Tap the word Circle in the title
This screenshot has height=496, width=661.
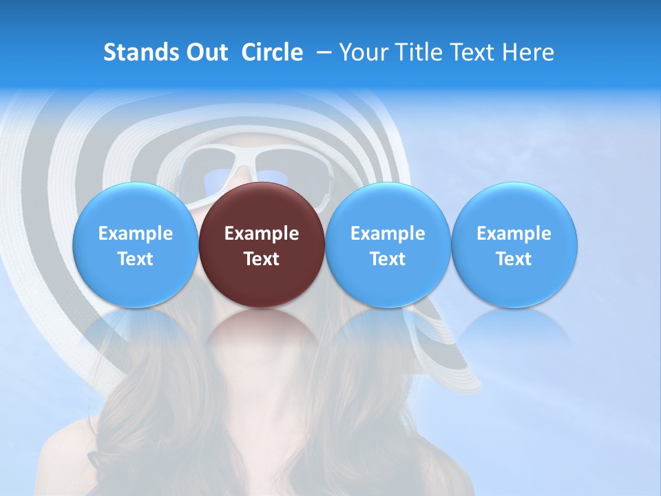tap(272, 52)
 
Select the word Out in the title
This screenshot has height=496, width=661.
tap(205, 52)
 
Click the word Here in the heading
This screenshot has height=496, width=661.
tap(527, 52)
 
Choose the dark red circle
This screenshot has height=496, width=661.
tap(262, 245)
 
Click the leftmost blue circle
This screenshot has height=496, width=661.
tap(136, 245)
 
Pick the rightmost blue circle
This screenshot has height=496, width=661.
tap(514, 245)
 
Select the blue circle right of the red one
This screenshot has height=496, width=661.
tap(388, 245)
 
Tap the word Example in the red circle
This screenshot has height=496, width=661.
tap(262, 234)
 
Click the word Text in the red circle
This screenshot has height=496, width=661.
tap(262, 259)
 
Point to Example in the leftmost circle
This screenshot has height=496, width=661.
tap(136, 234)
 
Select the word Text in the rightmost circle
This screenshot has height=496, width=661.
tap(514, 259)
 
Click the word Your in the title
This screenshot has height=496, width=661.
tap(362, 52)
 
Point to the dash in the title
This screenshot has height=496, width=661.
tap(321, 52)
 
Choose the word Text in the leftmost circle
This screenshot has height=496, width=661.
tap(136, 259)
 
